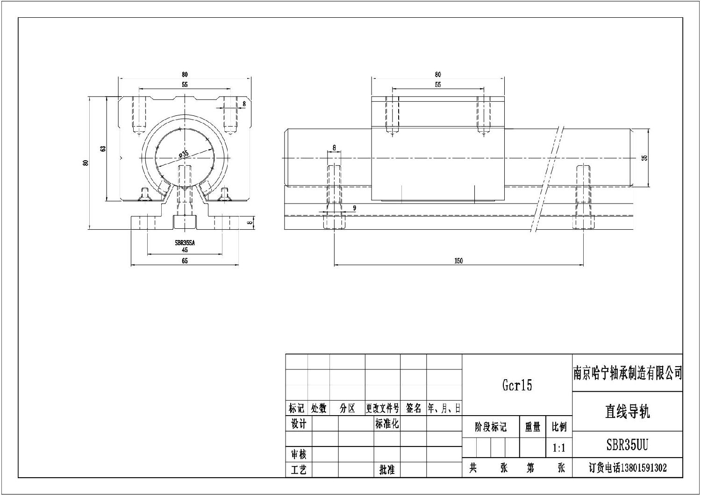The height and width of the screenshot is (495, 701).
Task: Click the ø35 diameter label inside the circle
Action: point(183,154)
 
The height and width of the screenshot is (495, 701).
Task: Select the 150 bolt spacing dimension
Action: point(458,261)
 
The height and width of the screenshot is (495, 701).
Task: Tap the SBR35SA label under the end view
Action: point(185,243)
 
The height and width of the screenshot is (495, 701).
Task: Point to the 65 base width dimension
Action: point(185,261)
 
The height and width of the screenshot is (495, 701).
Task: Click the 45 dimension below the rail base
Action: point(185,250)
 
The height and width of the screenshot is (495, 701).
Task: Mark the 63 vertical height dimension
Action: point(103,148)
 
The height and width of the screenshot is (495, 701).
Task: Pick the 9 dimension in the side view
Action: point(354,208)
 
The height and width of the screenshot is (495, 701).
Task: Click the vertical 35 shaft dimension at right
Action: point(645,158)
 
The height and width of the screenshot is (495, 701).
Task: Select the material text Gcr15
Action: point(517,385)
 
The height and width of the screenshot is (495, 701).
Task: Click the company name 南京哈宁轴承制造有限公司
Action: point(628,373)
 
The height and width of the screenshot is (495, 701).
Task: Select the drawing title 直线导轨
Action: point(627,412)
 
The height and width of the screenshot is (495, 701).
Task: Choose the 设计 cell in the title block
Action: point(299,424)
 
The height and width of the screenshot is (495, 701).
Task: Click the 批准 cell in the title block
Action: point(387,470)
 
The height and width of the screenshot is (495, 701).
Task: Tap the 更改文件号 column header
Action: point(382,409)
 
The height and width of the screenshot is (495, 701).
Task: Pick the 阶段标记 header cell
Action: point(490,427)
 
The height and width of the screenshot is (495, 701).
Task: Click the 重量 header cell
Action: point(532,427)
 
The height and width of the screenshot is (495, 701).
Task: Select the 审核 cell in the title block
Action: point(299,454)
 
